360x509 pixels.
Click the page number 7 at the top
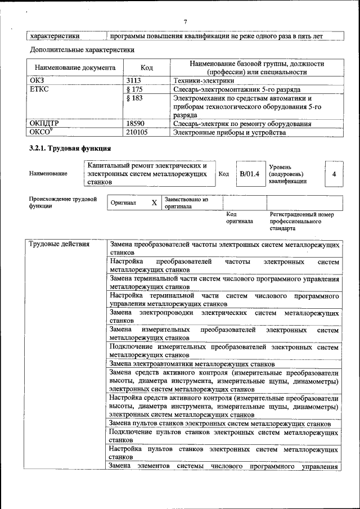click(x=184, y=22)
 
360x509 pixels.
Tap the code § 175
click(x=135, y=89)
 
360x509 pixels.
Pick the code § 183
click(x=135, y=98)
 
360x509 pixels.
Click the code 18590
click(x=137, y=124)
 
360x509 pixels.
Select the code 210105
click(x=138, y=133)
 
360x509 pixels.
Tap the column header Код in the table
click(x=147, y=67)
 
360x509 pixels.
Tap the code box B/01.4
click(x=249, y=174)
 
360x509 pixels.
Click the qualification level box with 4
click(x=334, y=174)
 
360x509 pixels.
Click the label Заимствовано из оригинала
click(x=186, y=203)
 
